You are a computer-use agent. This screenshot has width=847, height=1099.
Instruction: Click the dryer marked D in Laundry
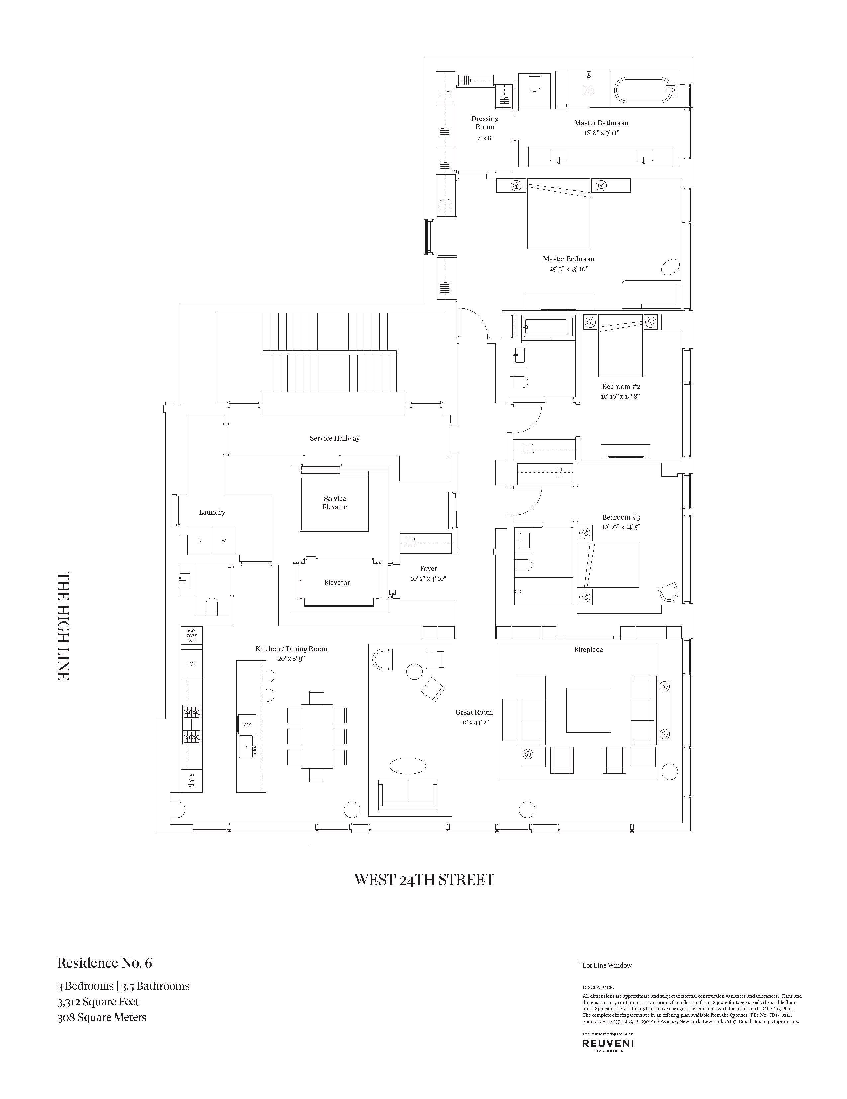[199, 540]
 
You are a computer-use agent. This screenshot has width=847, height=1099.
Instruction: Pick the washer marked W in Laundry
[224, 540]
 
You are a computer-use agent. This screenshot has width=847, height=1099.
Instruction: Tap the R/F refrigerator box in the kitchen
[191, 664]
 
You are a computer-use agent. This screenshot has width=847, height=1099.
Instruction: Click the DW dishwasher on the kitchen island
[247, 724]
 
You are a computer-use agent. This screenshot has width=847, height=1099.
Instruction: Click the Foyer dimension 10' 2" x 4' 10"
[428, 579]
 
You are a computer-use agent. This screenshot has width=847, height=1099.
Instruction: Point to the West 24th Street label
[424, 880]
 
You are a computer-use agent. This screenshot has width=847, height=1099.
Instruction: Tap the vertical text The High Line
[63, 626]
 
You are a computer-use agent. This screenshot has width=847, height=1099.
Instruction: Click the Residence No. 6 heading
[105, 963]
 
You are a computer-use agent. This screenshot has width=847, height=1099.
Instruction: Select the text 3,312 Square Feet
[98, 1001]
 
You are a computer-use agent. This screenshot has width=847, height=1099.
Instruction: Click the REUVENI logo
[608, 1044]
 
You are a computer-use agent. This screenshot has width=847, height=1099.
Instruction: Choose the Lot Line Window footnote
[606, 965]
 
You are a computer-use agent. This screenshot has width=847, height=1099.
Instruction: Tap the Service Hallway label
[334, 438]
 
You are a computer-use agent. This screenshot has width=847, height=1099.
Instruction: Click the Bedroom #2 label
[621, 386]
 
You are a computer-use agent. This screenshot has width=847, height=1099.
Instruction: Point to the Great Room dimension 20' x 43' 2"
[474, 722]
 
